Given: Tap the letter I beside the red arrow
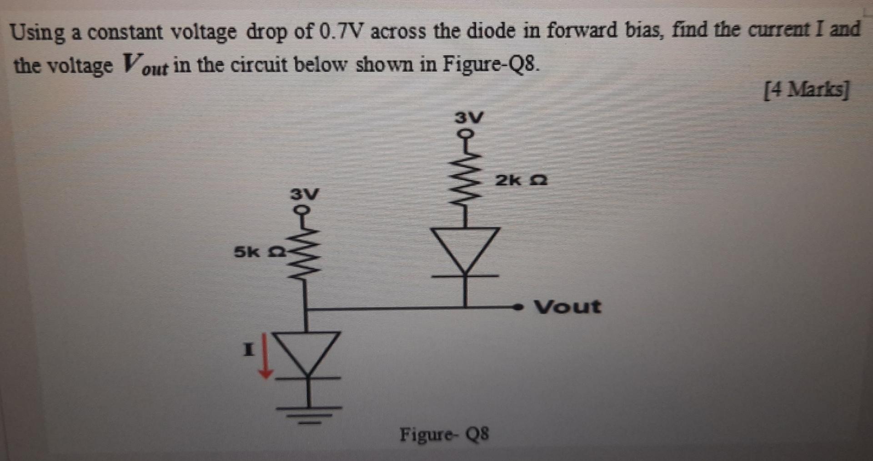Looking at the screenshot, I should point(248,350).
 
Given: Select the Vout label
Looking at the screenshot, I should point(567,307).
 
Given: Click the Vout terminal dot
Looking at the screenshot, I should point(517,308).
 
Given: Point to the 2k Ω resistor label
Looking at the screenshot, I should point(521,181).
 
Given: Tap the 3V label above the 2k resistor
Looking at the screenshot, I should point(470,118).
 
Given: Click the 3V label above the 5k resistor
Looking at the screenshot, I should point(305,194).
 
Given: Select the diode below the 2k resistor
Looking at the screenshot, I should point(465,253).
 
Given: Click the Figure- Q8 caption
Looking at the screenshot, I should point(444,435).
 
